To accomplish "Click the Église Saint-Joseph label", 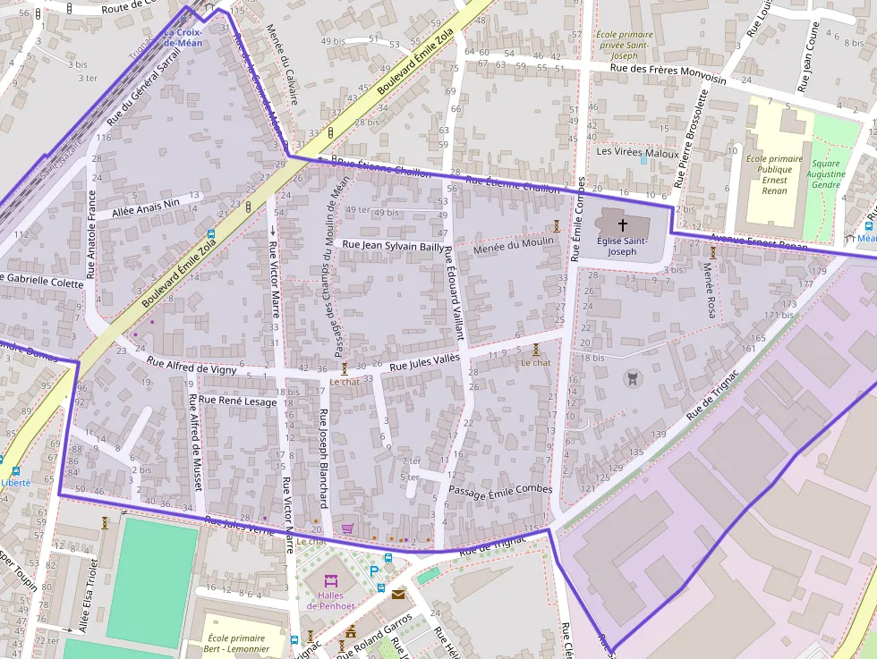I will [x=623, y=246].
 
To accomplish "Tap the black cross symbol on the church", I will [x=623, y=226].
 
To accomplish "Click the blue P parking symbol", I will [x=374, y=570].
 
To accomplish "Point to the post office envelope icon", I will [x=397, y=593].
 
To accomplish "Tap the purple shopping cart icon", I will [x=347, y=528].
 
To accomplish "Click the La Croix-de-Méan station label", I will [x=183, y=38].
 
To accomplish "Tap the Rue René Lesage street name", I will [x=237, y=401].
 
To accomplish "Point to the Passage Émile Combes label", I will [x=500, y=490].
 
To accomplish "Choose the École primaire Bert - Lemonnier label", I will [x=236, y=644].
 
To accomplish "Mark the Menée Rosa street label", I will [x=710, y=290].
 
